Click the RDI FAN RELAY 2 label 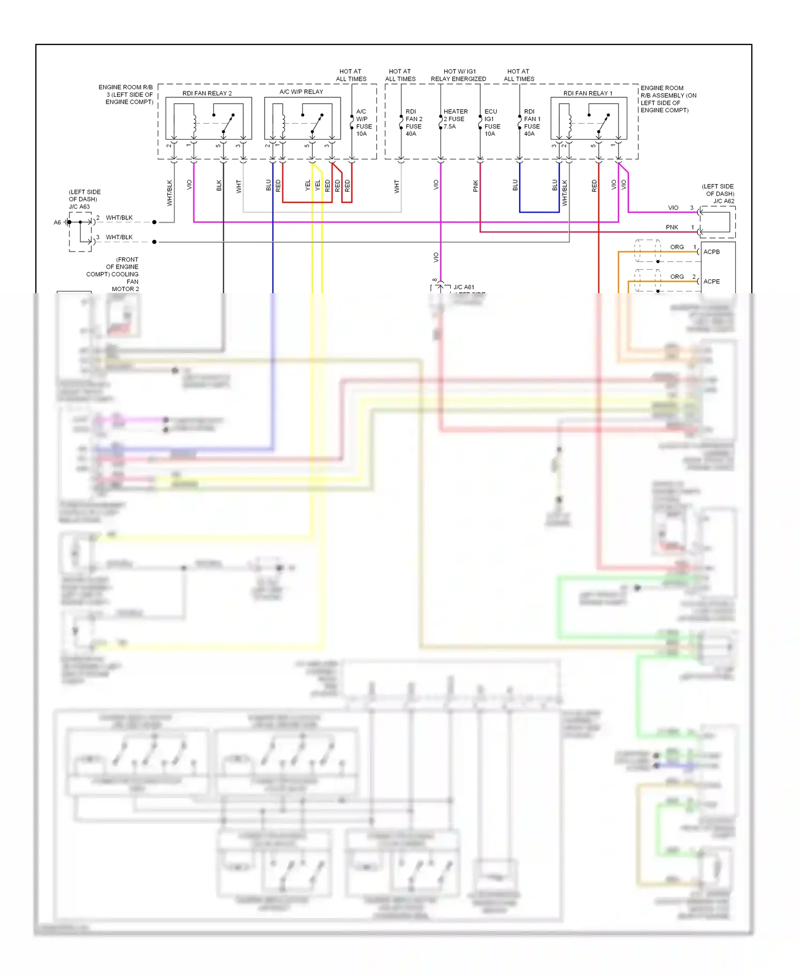[207, 93]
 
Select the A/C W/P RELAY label [301, 91]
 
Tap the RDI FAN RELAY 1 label [588, 93]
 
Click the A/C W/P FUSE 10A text [364, 123]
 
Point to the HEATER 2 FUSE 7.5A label [455, 119]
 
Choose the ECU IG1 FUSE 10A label [492, 123]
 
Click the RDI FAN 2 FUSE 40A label [413, 123]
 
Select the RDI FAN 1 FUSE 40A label [532, 123]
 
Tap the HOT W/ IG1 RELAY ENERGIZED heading [458, 75]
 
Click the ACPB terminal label [711, 251]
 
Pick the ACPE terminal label [711, 281]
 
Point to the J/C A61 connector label [464, 287]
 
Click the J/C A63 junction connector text [79, 207]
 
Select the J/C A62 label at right [723, 201]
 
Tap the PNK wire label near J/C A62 [672, 227]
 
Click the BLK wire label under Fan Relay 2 [219, 186]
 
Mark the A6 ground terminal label [57, 223]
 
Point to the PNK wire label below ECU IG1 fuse [475, 186]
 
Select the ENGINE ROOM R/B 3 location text [128, 94]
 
